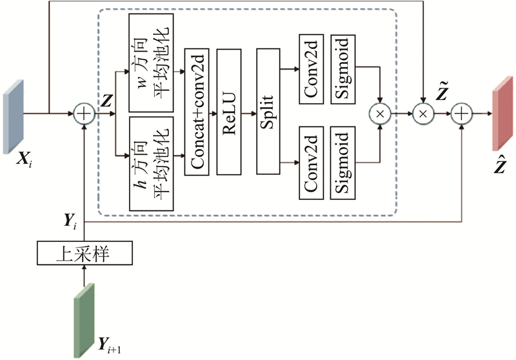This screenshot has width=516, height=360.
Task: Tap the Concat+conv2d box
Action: click(x=198, y=112)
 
